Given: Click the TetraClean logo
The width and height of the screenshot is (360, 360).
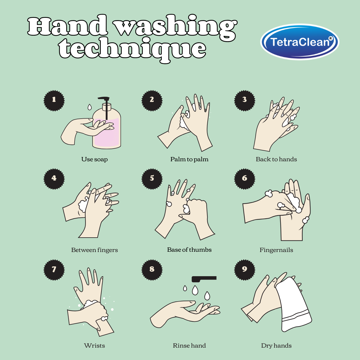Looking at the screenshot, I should (300, 42).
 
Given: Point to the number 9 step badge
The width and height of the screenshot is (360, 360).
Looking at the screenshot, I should (245, 269).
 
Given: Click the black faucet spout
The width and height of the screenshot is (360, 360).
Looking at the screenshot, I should (204, 278).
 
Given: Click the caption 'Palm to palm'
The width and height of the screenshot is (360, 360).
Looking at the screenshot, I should (189, 159).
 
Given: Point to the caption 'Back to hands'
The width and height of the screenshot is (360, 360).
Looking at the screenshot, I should (276, 159).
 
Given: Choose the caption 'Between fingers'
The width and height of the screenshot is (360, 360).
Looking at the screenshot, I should (94, 250).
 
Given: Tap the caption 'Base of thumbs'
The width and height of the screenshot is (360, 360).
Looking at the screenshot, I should (189, 250).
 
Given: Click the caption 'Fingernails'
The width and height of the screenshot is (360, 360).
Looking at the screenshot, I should (276, 250).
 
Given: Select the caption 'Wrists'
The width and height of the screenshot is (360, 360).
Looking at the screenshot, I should (94, 346).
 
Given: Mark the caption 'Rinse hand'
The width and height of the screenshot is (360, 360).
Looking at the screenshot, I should (189, 346).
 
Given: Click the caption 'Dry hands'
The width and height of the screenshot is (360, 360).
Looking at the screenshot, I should (276, 346).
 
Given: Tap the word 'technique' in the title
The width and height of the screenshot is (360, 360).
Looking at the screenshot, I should (132, 49).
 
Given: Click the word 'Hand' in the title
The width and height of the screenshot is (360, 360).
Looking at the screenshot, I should (68, 26).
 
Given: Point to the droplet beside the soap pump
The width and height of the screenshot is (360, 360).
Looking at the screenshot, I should (90, 107).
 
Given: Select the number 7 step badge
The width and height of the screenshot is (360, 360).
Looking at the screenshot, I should (54, 270).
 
